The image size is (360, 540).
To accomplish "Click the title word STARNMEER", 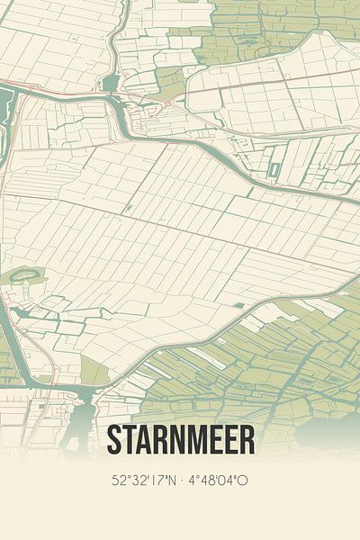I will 180,439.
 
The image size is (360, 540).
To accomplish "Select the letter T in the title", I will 131,439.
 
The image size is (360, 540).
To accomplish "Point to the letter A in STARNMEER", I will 148,439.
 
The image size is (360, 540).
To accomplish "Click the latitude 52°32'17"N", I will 144,481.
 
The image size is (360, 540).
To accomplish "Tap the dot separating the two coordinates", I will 181,481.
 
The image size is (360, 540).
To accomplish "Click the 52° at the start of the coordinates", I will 120,481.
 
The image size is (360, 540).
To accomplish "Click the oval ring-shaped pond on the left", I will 25,276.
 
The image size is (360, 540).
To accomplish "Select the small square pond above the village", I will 110,84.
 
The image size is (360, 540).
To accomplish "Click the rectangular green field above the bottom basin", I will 94,369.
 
